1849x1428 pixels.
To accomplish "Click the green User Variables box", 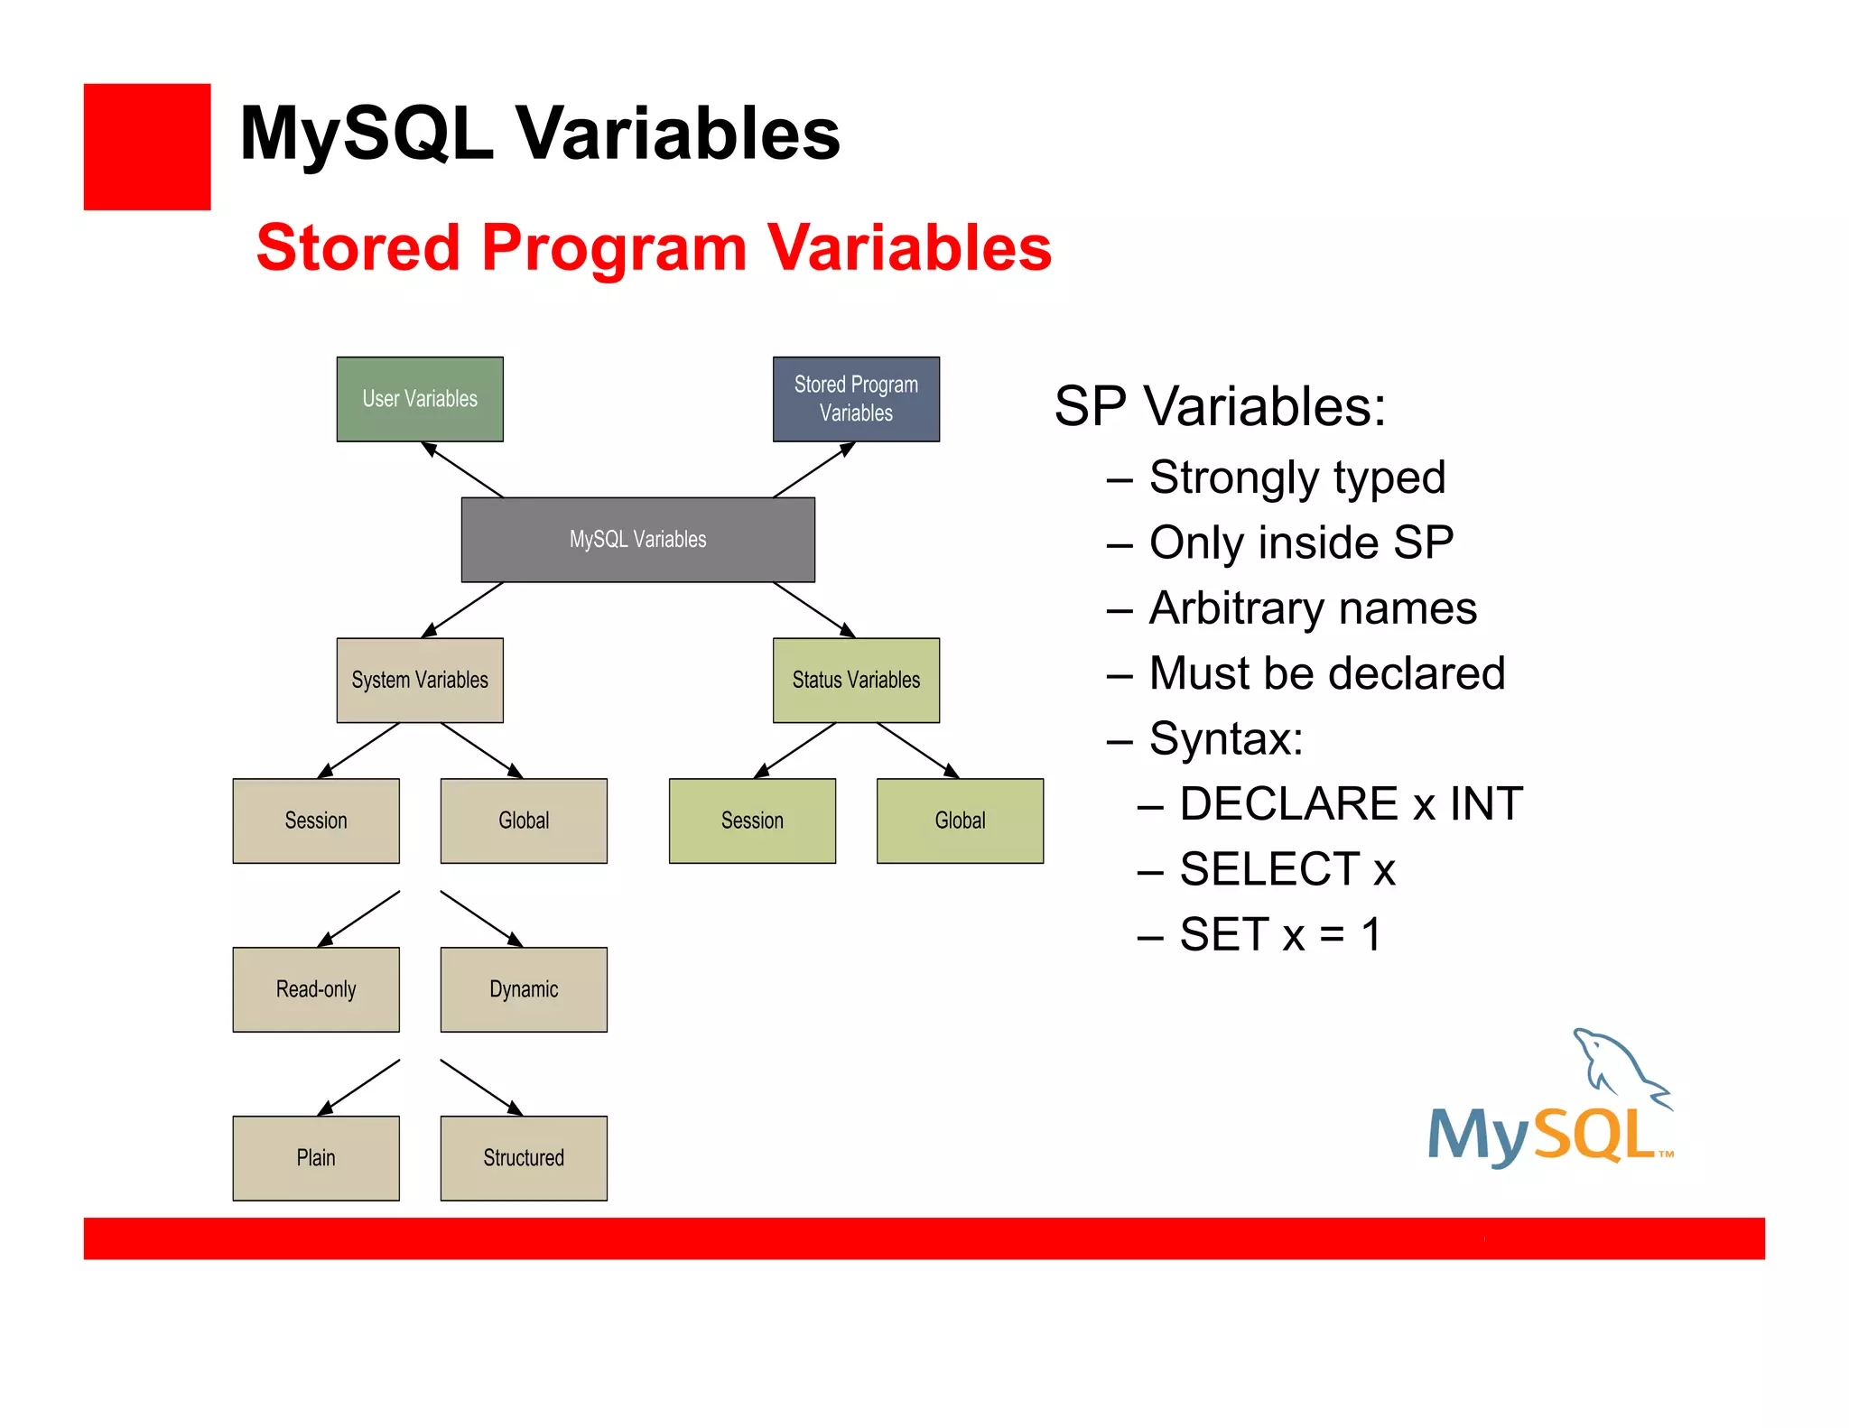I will coord(420,399).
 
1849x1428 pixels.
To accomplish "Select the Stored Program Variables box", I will coord(856,399).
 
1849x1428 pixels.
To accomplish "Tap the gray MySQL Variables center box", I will coord(637,540).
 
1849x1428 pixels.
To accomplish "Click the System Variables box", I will coord(420,680).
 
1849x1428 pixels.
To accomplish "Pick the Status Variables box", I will coord(856,680).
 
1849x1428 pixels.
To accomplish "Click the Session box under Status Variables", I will coord(752,821).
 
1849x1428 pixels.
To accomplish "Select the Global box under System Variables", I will coord(524,821).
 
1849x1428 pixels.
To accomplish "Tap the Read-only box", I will coord(316,989).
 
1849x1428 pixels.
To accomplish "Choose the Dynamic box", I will coord(524,989).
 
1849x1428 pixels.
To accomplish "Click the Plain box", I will coord(316,1158).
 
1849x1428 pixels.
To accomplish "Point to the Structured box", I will coord(524,1158).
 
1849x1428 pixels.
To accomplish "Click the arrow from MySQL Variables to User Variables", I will coord(462,469).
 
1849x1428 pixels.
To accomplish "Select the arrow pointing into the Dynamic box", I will coord(481,918).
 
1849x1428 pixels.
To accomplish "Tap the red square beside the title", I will coord(147,147).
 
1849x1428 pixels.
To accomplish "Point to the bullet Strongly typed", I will coord(1296,478).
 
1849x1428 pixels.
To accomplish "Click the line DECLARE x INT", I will coord(1351,803).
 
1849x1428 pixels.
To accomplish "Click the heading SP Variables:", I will coord(1220,406).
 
